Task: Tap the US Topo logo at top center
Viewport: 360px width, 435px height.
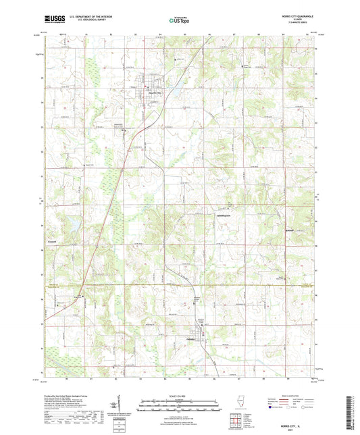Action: point(179,20)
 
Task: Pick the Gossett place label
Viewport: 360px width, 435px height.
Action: point(53,241)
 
